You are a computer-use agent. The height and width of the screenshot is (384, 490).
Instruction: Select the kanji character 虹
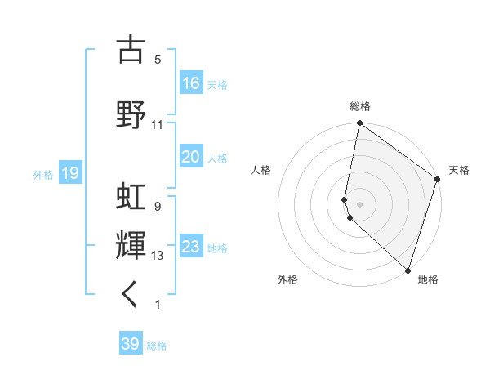(x=131, y=197)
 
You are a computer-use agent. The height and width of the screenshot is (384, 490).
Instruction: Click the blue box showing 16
(x=191, y=83)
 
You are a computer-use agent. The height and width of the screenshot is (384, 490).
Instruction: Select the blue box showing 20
(x=191, y=157)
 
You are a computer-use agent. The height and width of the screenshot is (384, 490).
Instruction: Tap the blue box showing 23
(x=191, y=247)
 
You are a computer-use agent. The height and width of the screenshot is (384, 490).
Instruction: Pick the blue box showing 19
(x=70, y=173)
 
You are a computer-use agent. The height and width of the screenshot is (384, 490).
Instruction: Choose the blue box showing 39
(x=131, y=344)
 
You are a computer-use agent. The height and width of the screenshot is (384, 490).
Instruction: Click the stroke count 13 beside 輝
(x=158, y=256)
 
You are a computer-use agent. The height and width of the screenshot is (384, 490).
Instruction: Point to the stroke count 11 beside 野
(x=158, y=125)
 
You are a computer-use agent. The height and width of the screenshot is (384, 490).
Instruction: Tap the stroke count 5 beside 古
(x=158, y=60)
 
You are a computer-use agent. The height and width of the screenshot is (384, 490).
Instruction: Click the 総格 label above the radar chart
(x=360, y=106)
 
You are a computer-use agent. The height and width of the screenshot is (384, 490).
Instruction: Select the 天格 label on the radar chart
(x=459, y=170)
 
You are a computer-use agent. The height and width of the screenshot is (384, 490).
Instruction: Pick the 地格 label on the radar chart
(x=428, y=279)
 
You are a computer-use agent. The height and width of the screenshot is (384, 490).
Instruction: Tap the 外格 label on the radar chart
(x=287, y=279)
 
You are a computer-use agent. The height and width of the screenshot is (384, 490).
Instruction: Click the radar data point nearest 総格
(x=359, y=123)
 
